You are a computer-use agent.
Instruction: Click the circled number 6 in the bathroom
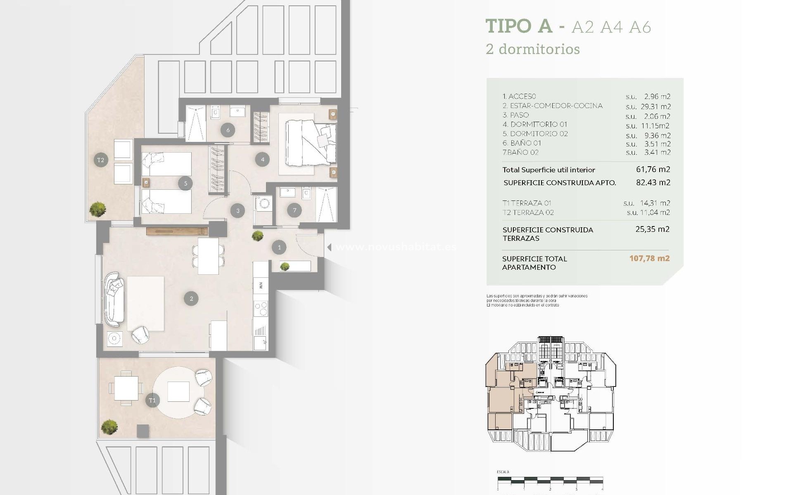[x=228, y=130]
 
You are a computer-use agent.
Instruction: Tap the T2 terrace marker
[x=101, y=160]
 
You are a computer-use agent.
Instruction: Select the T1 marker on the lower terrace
[x=152, y=400]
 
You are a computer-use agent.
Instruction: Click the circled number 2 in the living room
[x=191, y=298]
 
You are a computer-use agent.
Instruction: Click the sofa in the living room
[x=114, y=299]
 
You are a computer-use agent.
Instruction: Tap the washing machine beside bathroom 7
[x=264, y=203]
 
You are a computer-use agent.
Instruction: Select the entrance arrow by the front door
[x=329, y=247]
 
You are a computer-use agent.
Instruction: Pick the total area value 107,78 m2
[x=649, y=259]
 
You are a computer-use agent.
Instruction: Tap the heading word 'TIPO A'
[x=519, y=26]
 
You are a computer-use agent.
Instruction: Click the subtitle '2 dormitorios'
[x=533, y=49]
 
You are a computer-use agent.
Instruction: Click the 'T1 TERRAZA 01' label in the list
[x=527, y=203]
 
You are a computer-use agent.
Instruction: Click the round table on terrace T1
[x=178, y=391]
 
